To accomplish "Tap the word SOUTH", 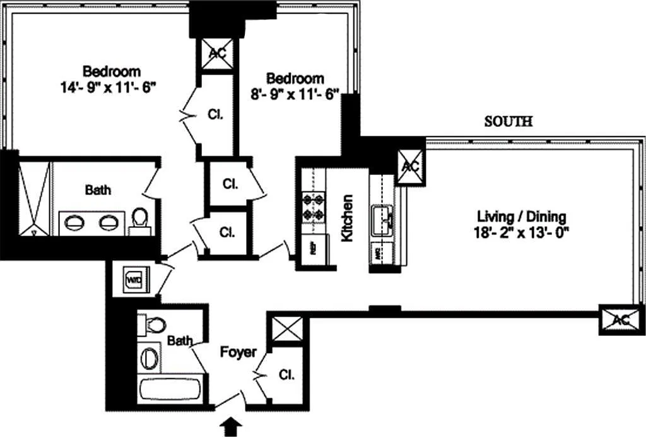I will coord(508,122).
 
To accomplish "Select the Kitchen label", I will coord(346,218).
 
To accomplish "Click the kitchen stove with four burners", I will coord(314,208).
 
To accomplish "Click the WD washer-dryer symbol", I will coord(134,279).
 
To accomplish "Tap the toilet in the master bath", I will coord(140,219).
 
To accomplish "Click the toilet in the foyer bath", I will coord(152,325).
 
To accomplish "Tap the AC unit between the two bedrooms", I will coord(217,54).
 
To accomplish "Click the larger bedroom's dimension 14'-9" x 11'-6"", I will coord(109,88).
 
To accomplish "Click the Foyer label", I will coord(238,352).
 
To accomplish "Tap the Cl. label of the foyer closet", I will coord(286,374).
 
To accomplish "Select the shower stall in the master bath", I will coord(33,198).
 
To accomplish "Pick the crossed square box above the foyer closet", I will coord(286,330).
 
